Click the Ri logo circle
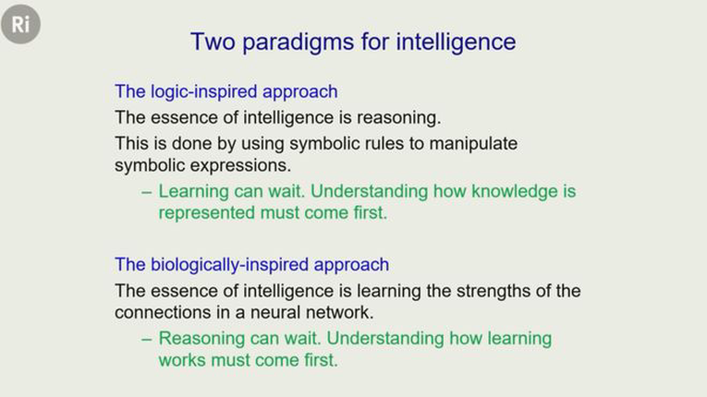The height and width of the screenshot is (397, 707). pos(20,24)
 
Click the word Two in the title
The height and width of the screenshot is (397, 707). pos(213,42)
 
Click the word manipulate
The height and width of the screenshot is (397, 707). pos(473,144)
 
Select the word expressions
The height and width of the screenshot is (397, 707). pos(241,166)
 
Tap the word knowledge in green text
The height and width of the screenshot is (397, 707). pos(514,191)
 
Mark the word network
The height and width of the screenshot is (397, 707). pos(340,313)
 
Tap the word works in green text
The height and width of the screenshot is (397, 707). pos(182,360)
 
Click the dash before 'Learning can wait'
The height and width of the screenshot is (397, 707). pos(147,192)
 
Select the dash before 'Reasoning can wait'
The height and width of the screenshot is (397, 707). pos(147,340)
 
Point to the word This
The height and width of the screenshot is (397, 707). pos(131,144)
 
